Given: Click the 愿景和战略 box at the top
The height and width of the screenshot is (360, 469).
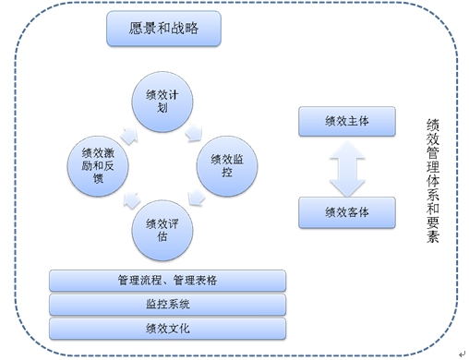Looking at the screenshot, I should pos(163,29).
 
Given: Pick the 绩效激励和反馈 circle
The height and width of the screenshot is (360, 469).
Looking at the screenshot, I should pos(100,164).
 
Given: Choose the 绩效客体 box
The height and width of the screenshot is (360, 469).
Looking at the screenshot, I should pos(346,212).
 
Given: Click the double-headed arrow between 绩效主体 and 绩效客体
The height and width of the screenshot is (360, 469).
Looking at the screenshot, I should pos(346,167).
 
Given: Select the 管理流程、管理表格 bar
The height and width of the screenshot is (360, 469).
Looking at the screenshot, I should pos(167,280).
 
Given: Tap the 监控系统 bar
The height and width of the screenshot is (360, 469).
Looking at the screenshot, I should pos(167,304).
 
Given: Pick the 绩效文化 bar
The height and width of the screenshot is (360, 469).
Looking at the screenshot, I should pos(167,328).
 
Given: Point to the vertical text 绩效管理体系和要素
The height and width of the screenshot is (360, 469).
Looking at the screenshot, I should pos(433,179).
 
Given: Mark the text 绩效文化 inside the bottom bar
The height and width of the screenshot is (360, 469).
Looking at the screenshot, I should pos(167,328).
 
